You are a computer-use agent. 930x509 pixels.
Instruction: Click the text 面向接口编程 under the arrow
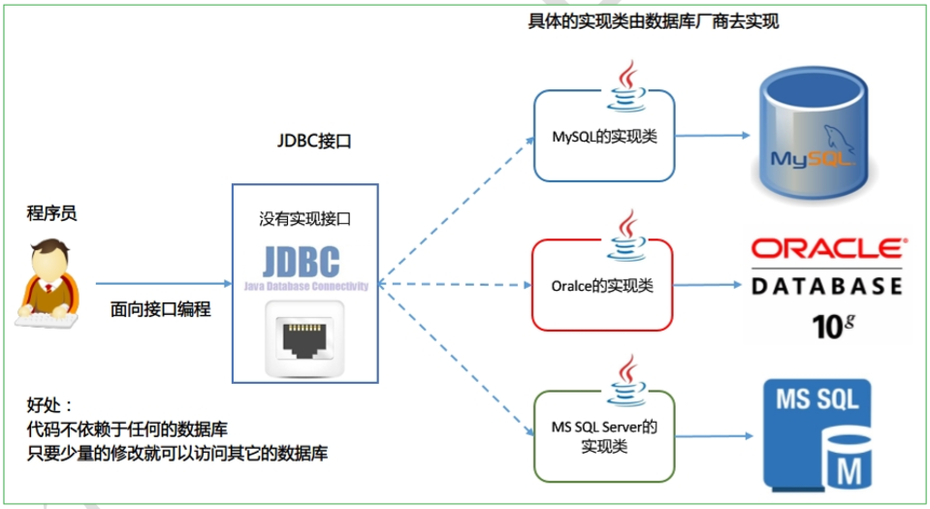click(x=161, y=310)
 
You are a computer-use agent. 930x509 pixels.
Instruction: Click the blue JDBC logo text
click(x=301, y=262)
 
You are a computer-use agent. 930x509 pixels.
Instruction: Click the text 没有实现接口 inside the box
click(x=305, y=219)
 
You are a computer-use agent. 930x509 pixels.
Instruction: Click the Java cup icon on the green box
click(x=628, y=383)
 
